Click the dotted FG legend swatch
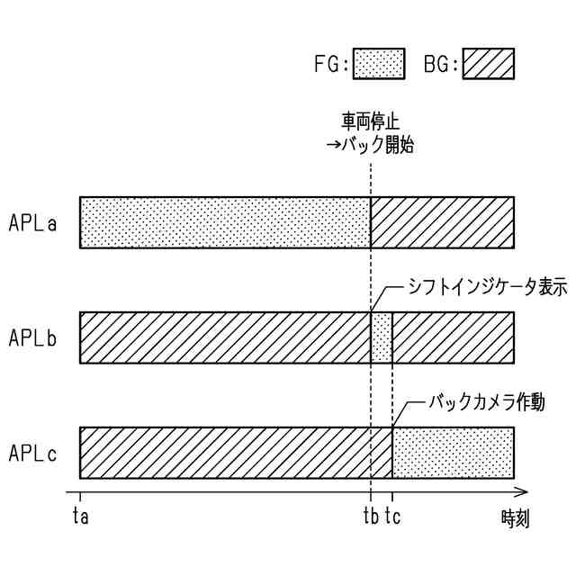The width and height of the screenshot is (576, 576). [378, 64]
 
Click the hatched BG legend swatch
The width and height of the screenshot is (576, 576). [488, 64]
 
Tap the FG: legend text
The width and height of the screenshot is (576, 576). [330, 65]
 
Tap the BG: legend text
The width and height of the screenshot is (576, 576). [441, 65]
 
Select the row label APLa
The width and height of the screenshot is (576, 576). [33, 222]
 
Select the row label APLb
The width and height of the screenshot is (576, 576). [33, 337]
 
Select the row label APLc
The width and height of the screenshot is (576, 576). [33, 453]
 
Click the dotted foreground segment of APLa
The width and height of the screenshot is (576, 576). [225, 222]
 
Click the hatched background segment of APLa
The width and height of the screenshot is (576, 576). [442, 222]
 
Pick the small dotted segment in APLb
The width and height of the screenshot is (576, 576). [382, 337]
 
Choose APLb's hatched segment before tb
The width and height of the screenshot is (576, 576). [225, 337]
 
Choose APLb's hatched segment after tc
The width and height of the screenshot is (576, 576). [453, 337]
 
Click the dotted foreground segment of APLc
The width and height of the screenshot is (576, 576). [453, 453]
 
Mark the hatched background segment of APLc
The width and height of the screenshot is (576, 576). [236, 453]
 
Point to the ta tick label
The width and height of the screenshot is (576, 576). [80, 517]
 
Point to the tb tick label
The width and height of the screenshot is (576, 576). [370, 517]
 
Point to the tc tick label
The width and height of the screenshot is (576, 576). [394, 517]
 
